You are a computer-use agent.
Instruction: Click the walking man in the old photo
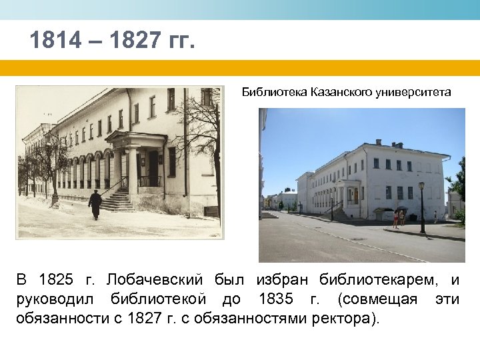point(95,203)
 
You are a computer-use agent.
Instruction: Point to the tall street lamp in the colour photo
point(421,207)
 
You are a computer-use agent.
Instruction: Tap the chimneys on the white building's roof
point(378,142)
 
